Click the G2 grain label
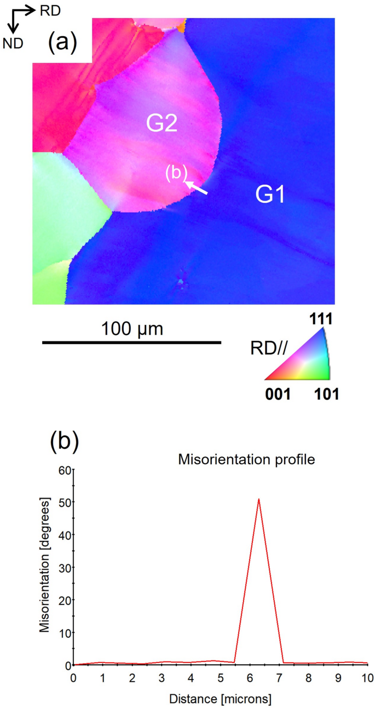point(161,124)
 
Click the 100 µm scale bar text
point(132,329)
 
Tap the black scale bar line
point(131,343)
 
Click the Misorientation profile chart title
point(247,460)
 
